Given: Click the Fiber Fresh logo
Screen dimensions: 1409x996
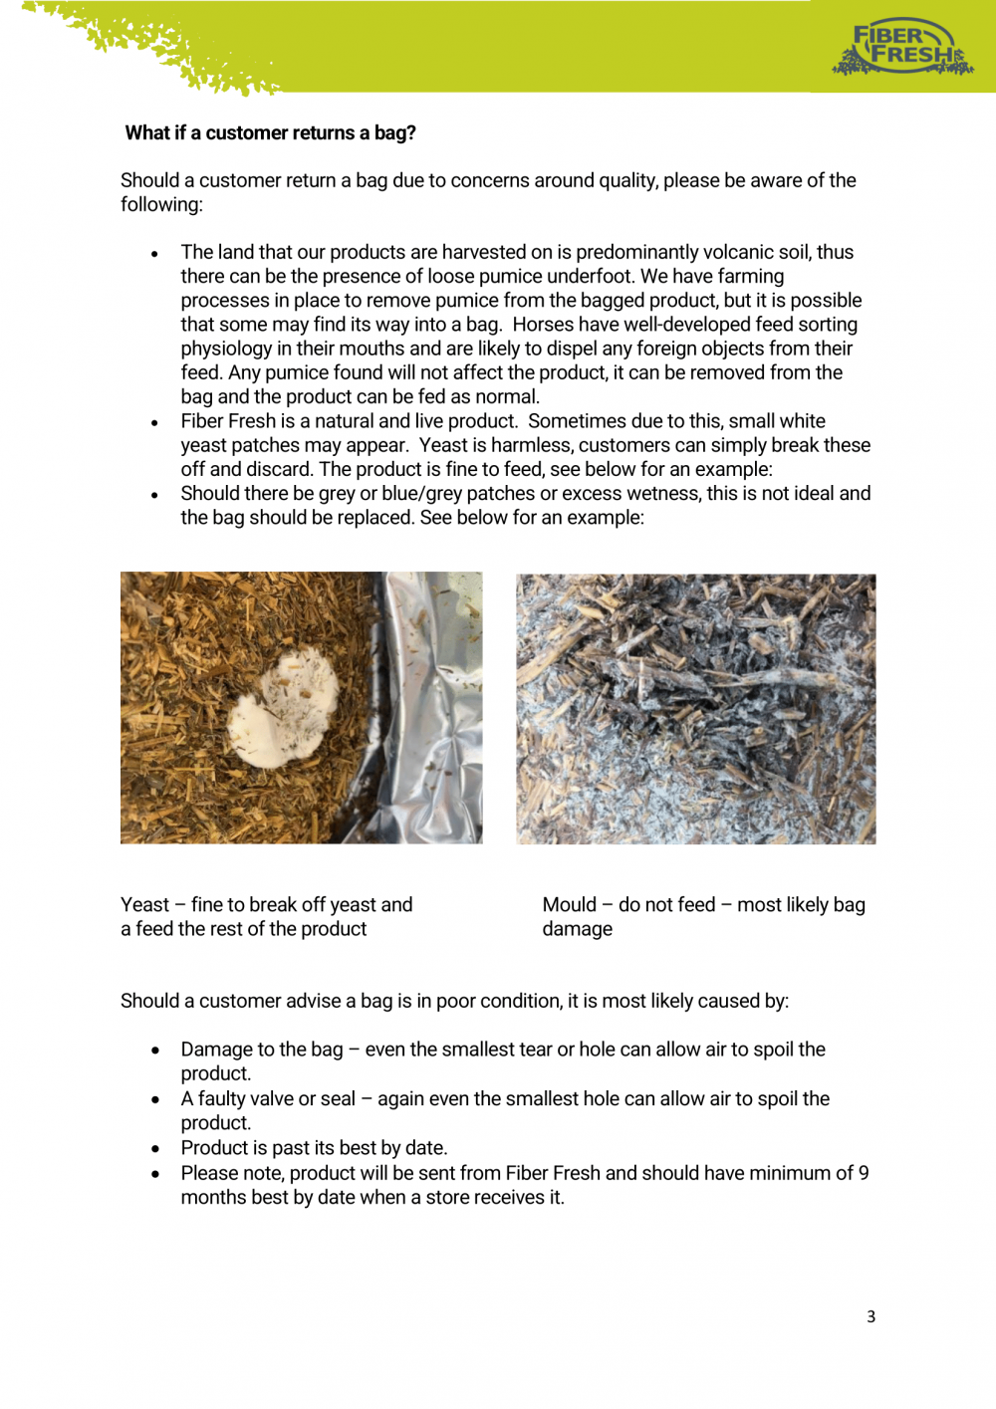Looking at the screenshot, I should (x=902, y=47).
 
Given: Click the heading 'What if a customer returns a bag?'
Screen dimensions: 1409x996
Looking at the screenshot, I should (x=270, y=133).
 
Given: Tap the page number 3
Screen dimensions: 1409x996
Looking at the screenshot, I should (x=871, y=1316).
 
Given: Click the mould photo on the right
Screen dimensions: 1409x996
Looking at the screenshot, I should (x=695, y=708).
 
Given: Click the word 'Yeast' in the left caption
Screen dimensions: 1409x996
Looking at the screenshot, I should (x=144, y=905).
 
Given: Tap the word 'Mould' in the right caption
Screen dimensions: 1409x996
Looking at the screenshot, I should (x=569, y=905).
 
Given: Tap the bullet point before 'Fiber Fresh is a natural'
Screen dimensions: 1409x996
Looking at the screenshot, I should (x=154, y=423).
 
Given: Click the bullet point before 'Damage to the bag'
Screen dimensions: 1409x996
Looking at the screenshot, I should (x=155, y=1051).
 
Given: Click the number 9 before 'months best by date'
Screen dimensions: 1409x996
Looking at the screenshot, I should (x=864, y=1174).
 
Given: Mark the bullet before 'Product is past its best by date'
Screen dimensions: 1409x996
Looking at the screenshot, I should (x=155, y=1149).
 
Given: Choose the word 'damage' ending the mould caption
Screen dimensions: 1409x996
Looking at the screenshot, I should (x=577, y=929).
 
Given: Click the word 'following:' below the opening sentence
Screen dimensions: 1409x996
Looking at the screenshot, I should (x=161, y=205).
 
